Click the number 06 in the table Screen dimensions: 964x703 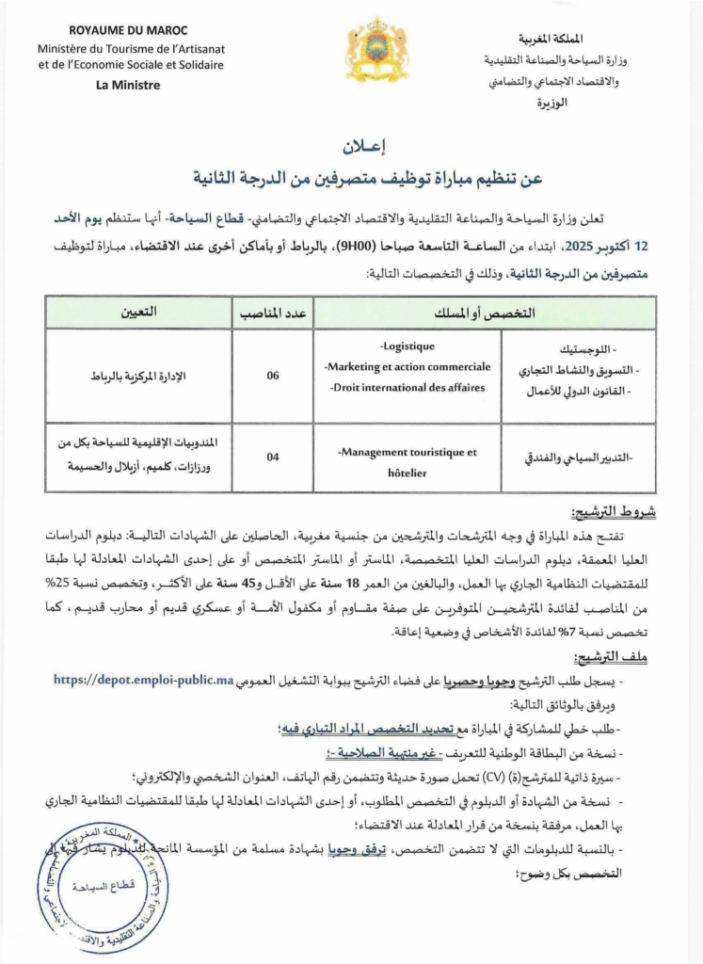pyautogui.click(x=273, y=376)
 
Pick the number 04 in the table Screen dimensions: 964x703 pyautogui.click(x=273, y=458)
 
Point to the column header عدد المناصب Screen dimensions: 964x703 pyautogui.click(x=273, y=311)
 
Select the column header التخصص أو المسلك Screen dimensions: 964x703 pyautogui.click(x=487, y=311)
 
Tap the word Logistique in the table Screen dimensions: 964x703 pyautogui.click(x=407, y=346)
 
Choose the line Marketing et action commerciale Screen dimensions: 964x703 pyautogui.click(x=407, y=366)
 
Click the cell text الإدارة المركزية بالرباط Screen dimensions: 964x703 pyautogui.click(x=139, y=377)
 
